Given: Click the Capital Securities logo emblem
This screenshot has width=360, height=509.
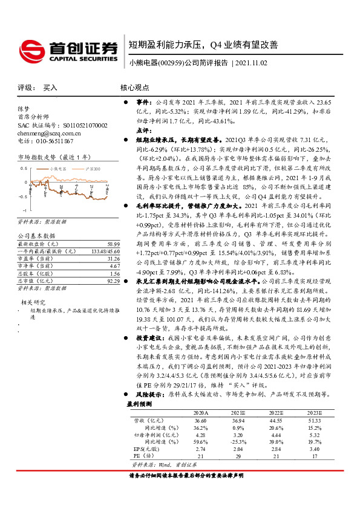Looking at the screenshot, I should click(31, 48).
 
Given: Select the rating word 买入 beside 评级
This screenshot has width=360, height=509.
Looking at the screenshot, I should click(50, 88).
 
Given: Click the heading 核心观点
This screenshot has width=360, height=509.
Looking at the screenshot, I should click(134, 88).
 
